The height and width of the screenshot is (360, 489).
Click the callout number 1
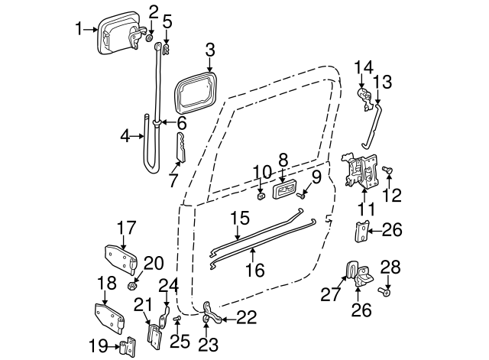(79, 30)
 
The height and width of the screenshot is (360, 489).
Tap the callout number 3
(209, 52)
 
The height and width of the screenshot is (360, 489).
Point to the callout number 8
(283, 160)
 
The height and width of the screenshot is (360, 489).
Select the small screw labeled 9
(303, 196)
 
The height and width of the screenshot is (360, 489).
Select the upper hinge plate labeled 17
(120, 258)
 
